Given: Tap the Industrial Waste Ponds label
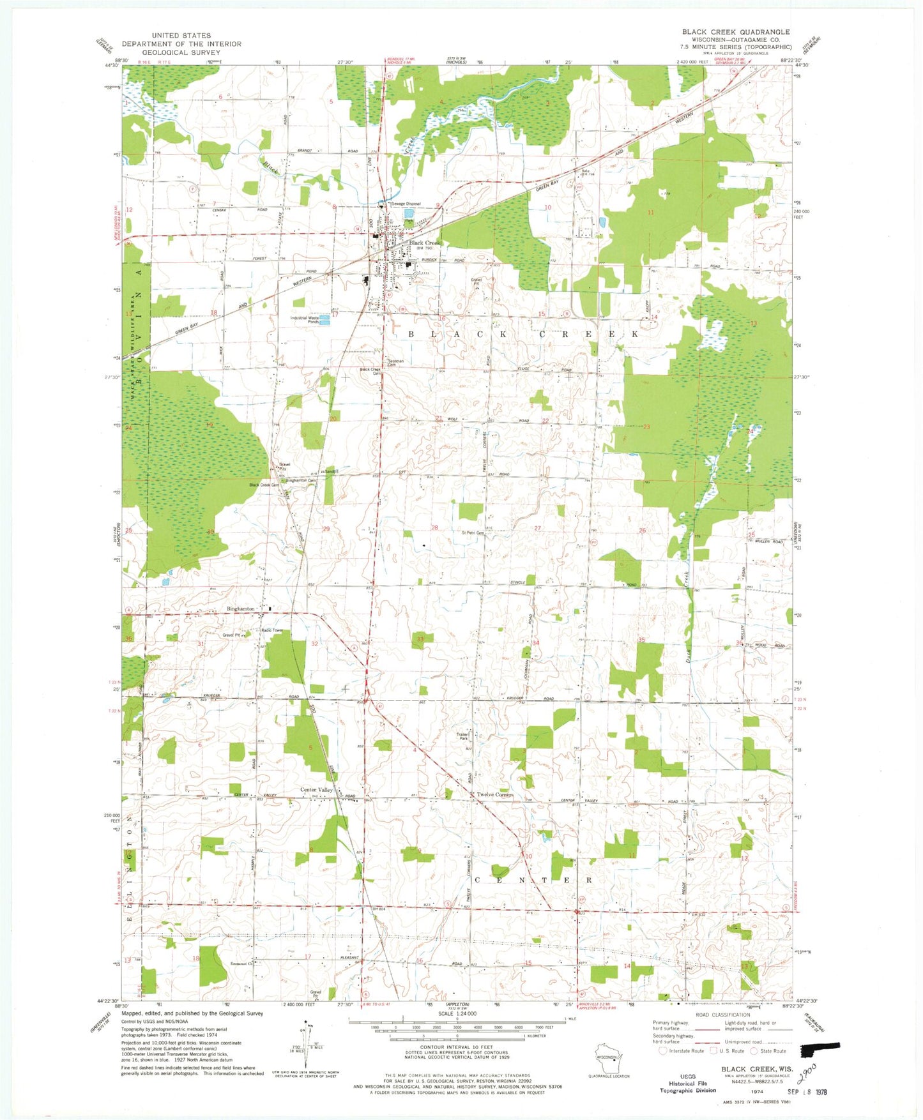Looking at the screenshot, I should pos(305,319).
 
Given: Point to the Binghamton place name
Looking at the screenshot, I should pos(241,609).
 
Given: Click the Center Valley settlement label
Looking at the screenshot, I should pos(317,790).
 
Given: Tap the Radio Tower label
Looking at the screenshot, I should pos(272,630).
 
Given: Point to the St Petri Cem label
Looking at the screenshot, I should pos(473,533).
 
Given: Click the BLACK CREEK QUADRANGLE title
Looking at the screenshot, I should pos(735,32).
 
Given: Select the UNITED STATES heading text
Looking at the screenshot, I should pos(181,36).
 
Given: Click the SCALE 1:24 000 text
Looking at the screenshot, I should pos(457,1013).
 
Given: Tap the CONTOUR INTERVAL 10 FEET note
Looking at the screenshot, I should pos(455,1047).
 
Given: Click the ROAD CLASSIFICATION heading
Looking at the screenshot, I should pos(722,1015).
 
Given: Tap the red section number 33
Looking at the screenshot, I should pos(420,639).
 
